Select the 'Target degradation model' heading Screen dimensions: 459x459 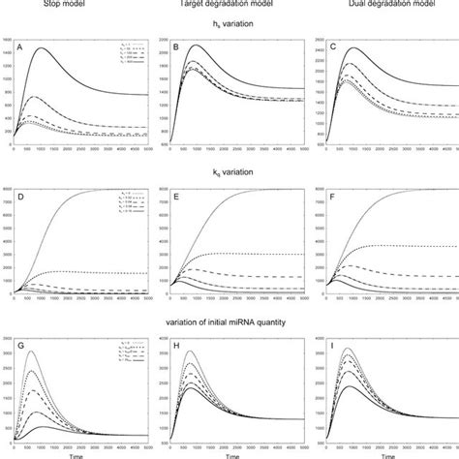pyautogui.click(x=229, y=4)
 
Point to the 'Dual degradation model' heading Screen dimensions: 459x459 pyautogui.click(x=383, y=4)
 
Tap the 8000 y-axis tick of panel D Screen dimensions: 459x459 pyautogui.click(x=9, y=190)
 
